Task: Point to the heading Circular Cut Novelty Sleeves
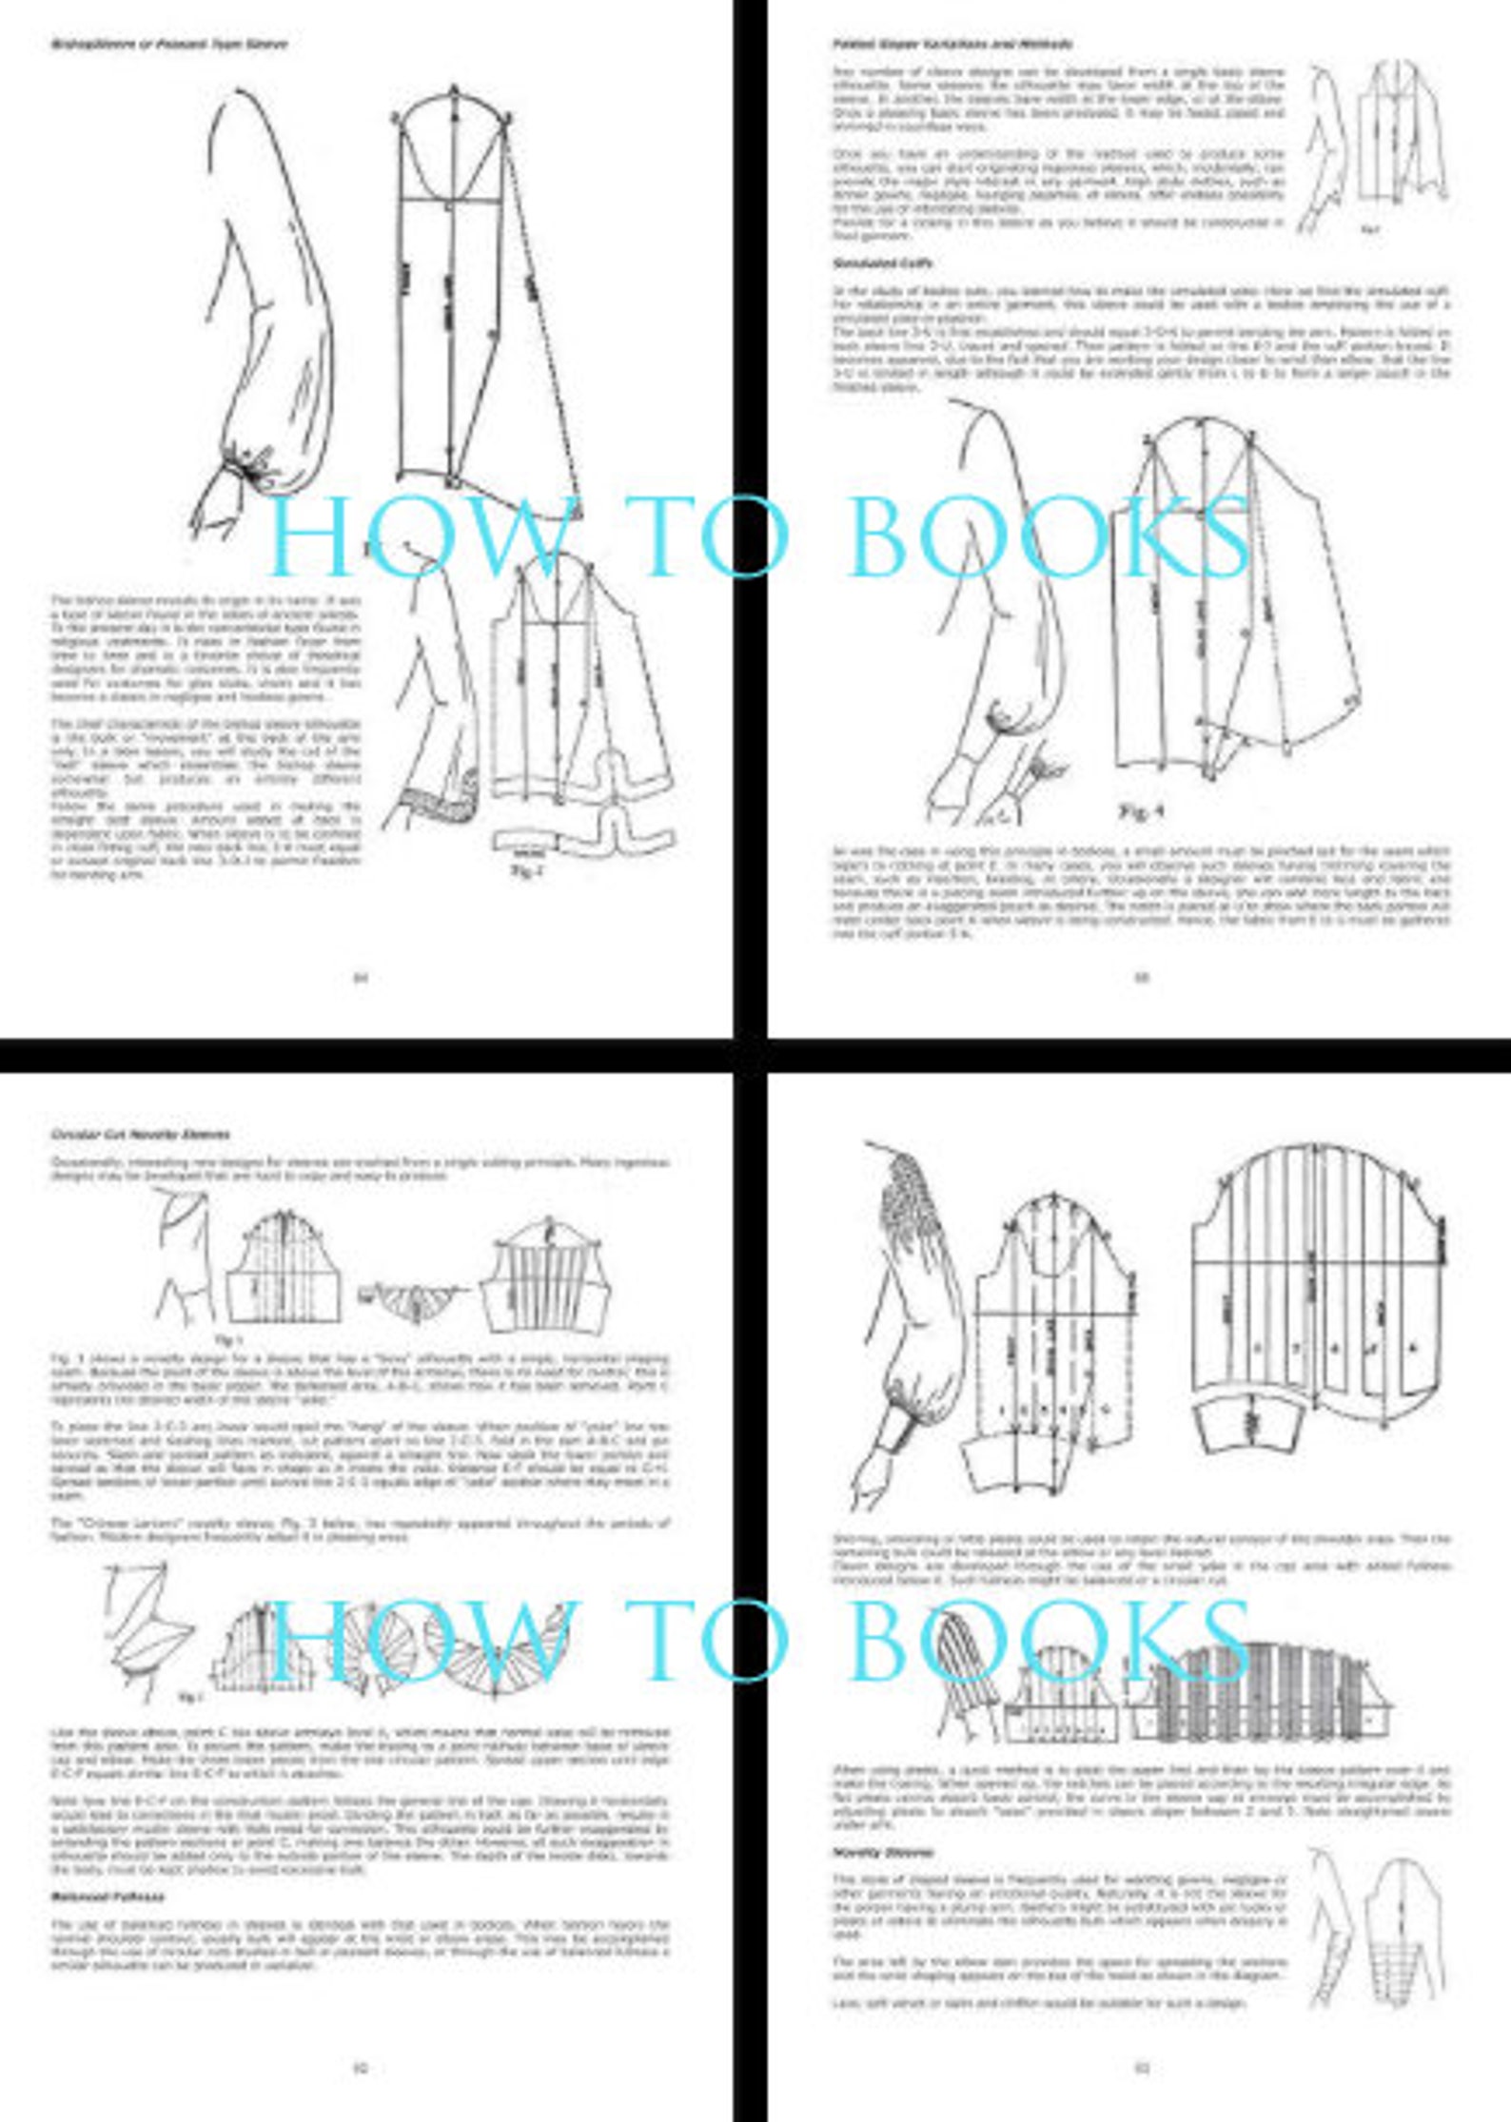click(x=140, y=1135)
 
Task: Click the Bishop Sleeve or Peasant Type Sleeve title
click(x=168, y=44)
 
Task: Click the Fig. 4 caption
click(x=1140, y=811)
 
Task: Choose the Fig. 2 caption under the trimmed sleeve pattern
click(x=525, y=871)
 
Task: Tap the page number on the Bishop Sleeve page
click(x=361, y=977)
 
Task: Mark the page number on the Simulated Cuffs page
click(x=1142, y=977)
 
